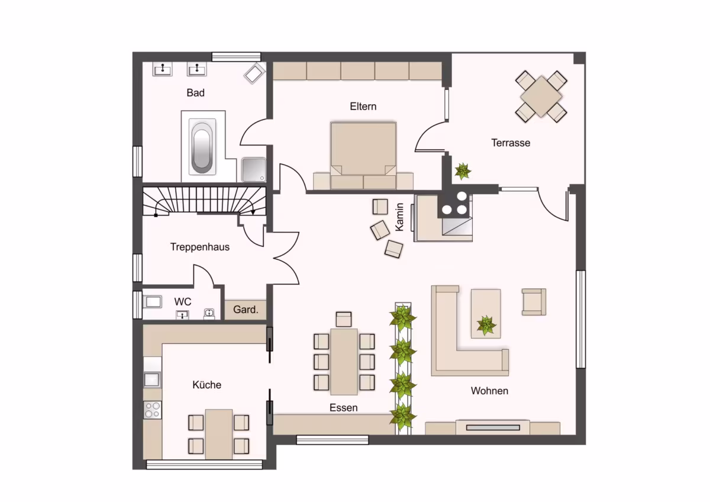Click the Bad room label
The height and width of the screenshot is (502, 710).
coord(196,92)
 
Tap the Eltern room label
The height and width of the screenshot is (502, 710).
coord(363,106)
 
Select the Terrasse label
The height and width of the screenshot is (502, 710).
coord(511,143)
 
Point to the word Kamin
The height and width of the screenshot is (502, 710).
coord(399,217)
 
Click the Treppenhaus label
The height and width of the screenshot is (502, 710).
coord(200,247)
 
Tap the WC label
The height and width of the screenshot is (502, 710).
coord(183,301)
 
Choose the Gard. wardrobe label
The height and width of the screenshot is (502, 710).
coord(246,309)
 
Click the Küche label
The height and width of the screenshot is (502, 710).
coord(206,385)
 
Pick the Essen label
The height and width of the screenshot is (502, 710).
coord(343,407)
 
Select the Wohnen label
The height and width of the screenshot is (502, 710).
coord(489,391)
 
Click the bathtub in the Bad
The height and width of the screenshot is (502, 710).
coord(202,146)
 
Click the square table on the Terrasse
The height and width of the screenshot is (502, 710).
coord(541,96)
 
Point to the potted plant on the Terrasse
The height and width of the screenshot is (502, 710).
coord(463,171)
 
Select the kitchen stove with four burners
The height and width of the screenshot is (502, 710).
coord(153,410)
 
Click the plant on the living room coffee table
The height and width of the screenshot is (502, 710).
coord(486,325)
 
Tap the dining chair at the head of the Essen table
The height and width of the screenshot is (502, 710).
coord(344,319)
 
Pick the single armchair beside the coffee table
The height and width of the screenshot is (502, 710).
coord(534,302)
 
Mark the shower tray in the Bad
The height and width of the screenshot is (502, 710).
coord(254,170)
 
